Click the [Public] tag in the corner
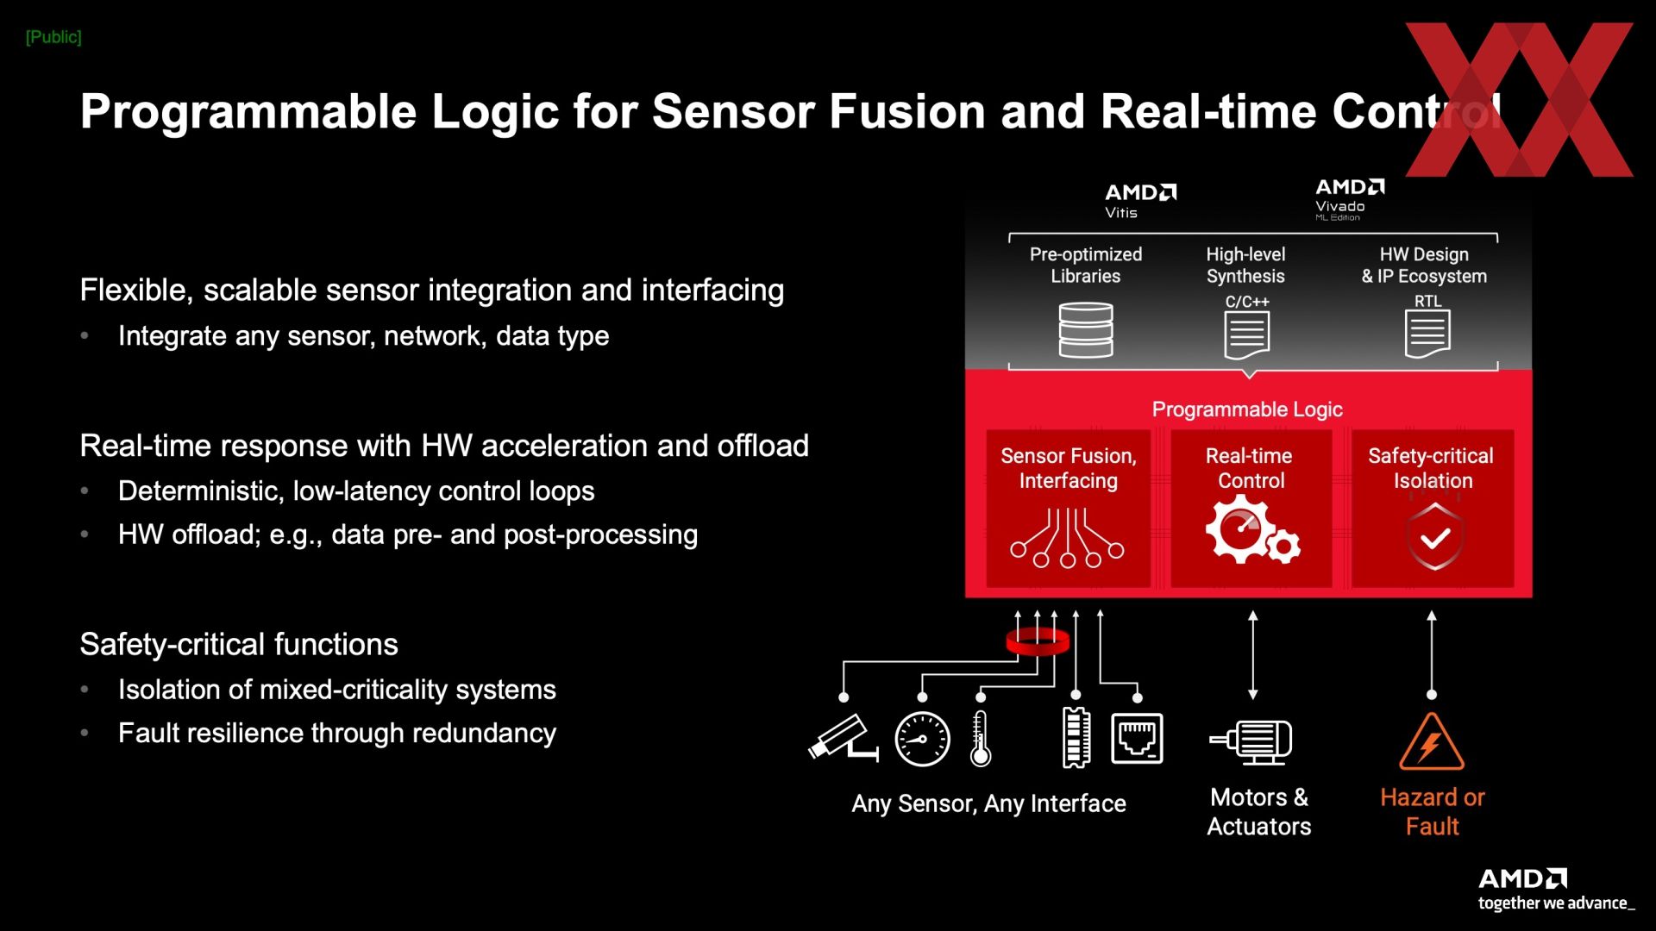[53, 37]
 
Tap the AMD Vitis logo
[1140, 201]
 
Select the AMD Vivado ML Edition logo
[1350, 199]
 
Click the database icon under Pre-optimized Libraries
[1086, 330]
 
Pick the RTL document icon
[1427, 334]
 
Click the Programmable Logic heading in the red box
[1247, 409]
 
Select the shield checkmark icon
[1434, 537]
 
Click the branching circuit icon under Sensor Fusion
[1068, 538]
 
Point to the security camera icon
[843, 738]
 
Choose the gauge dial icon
[922, 740]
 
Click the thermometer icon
[980, 740]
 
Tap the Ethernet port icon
[1137, 738]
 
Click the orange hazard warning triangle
[1432, 743]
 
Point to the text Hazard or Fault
[1432, 811]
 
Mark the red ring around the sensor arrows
[1038, 642]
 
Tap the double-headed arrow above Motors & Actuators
[1253, 655]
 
